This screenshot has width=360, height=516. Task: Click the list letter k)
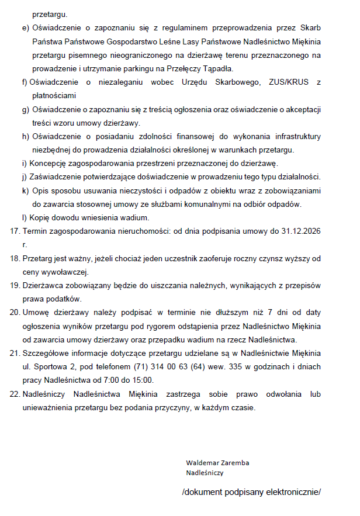[25, 191]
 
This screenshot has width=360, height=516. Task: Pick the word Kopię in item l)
[40, 217]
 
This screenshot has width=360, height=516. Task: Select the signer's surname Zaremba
[233, 463]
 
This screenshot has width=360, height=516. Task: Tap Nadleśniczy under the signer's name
[205, 473]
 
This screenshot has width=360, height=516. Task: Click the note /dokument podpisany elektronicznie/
[251, 492]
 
